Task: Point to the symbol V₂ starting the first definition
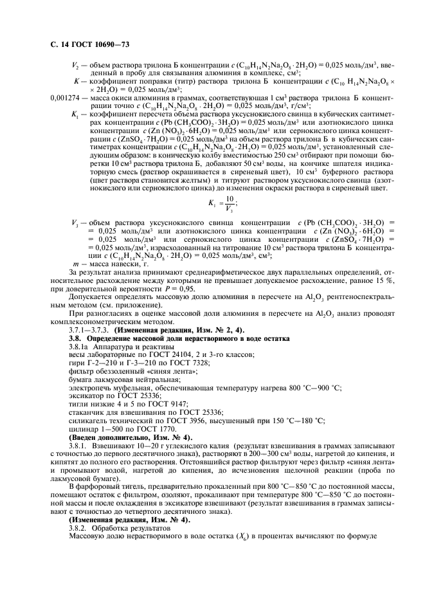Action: [x=75, y=65]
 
